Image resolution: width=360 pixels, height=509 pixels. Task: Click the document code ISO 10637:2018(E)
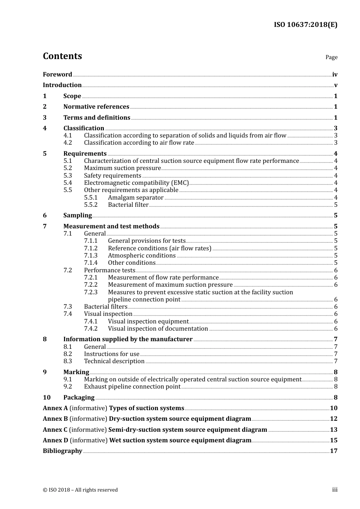pos(305,25)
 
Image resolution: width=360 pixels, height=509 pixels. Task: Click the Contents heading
pos(62,56)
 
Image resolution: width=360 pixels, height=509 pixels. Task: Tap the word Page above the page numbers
pos(331,57)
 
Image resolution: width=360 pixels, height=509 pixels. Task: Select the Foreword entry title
pos(57,74)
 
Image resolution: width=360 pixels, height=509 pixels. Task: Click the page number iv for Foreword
pos(335,75)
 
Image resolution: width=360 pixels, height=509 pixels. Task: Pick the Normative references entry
pos(96,107)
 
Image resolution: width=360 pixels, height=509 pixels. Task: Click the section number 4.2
pos(67,143)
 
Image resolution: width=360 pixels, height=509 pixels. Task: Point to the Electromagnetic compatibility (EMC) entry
pos(136,183)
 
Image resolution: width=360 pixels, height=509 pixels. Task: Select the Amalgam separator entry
pos(136,197)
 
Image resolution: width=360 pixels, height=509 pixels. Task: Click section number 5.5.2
pos(91,205)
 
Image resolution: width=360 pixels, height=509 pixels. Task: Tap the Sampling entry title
pos(77,215)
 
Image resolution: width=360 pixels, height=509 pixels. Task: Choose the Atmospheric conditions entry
pos(142,256)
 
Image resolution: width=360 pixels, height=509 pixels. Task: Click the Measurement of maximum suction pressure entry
pos(170,285)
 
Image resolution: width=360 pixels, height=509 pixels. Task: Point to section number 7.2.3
pos(91,292)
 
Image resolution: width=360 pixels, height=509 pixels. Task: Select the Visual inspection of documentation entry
pos(158,329)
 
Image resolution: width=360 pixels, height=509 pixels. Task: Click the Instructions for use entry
pos(111,354)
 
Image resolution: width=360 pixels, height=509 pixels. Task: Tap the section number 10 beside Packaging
pos(47,398)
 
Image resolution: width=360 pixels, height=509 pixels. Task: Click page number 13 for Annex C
pos(333,430)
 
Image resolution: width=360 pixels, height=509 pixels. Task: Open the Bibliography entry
pos(63,451)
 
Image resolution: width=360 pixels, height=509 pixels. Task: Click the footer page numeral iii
pos(335,490)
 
